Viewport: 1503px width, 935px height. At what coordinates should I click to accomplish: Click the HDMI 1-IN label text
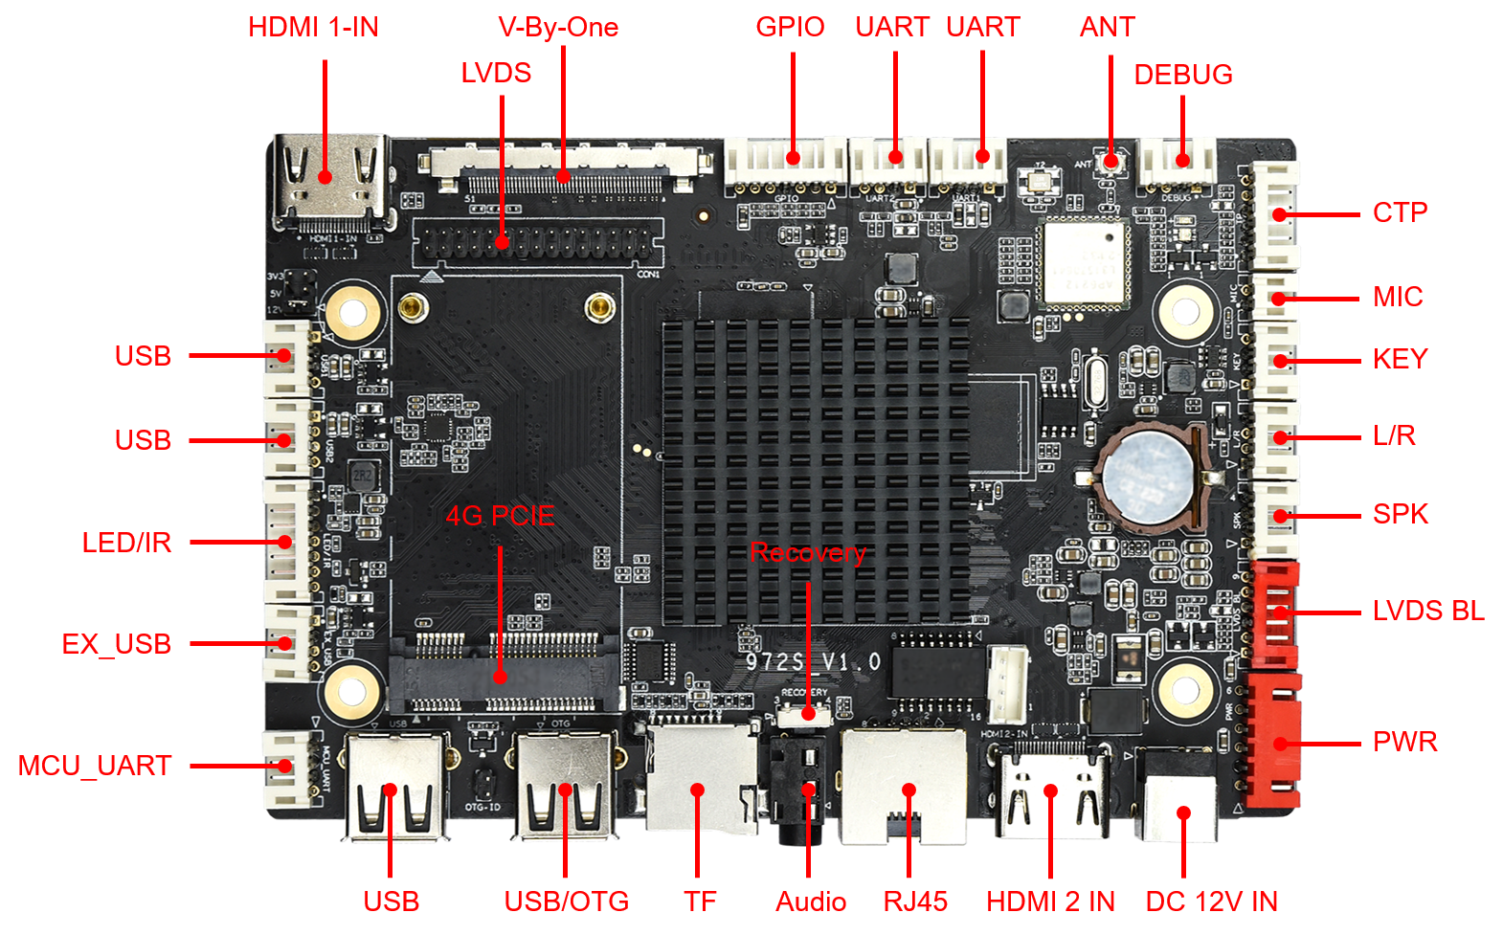click(x=313, y=27)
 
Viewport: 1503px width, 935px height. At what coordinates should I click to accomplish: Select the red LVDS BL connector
click(x=1274, y=612)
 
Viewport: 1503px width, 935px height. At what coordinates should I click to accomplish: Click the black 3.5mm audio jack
click(x=800, y=790)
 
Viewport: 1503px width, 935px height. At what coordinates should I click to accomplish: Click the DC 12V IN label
click(x=1211, y=901)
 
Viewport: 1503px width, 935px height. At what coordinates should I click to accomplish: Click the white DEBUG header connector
click(x=1178, y=163)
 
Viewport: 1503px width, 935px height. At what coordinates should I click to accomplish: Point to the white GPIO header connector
click(x=785, y=160)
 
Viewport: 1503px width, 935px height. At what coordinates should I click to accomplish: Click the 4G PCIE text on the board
click(x=500, y=516)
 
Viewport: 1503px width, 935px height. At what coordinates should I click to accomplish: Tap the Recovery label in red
click(x=808, y=553)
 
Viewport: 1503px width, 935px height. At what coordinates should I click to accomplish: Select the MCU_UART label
click(x=95, y=766)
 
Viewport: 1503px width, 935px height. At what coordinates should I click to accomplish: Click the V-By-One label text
click(x=558, y=27)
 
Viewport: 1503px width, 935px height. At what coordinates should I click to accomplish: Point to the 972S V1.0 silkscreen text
click(x=813, y=661)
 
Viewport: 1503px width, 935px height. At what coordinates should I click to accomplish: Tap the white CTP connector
click(x=1277, y=214)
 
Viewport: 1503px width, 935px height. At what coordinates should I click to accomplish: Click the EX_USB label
click(x=116, y=644)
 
